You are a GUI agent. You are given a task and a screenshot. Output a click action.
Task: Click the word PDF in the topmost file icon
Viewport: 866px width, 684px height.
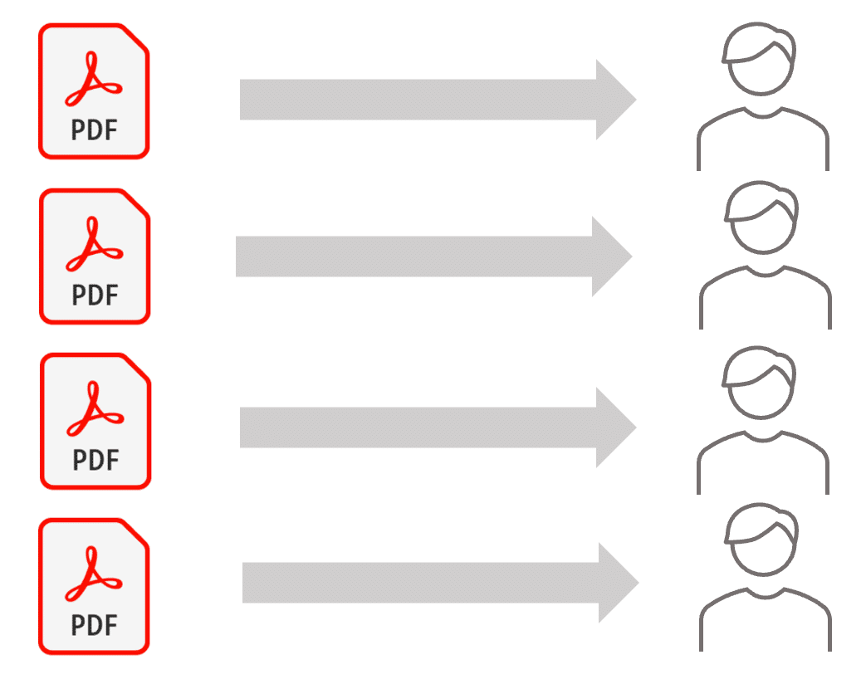click(95, 130)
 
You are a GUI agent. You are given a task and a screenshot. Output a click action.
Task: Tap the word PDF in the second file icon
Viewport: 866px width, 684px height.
click(95, 296)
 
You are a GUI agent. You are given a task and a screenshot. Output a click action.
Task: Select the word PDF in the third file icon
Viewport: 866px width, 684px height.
click(96, 461)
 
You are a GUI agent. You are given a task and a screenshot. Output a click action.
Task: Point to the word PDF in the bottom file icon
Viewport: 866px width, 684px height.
click(95, 626)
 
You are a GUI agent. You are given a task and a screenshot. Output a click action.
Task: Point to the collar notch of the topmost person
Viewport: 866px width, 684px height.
click(763, 114)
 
